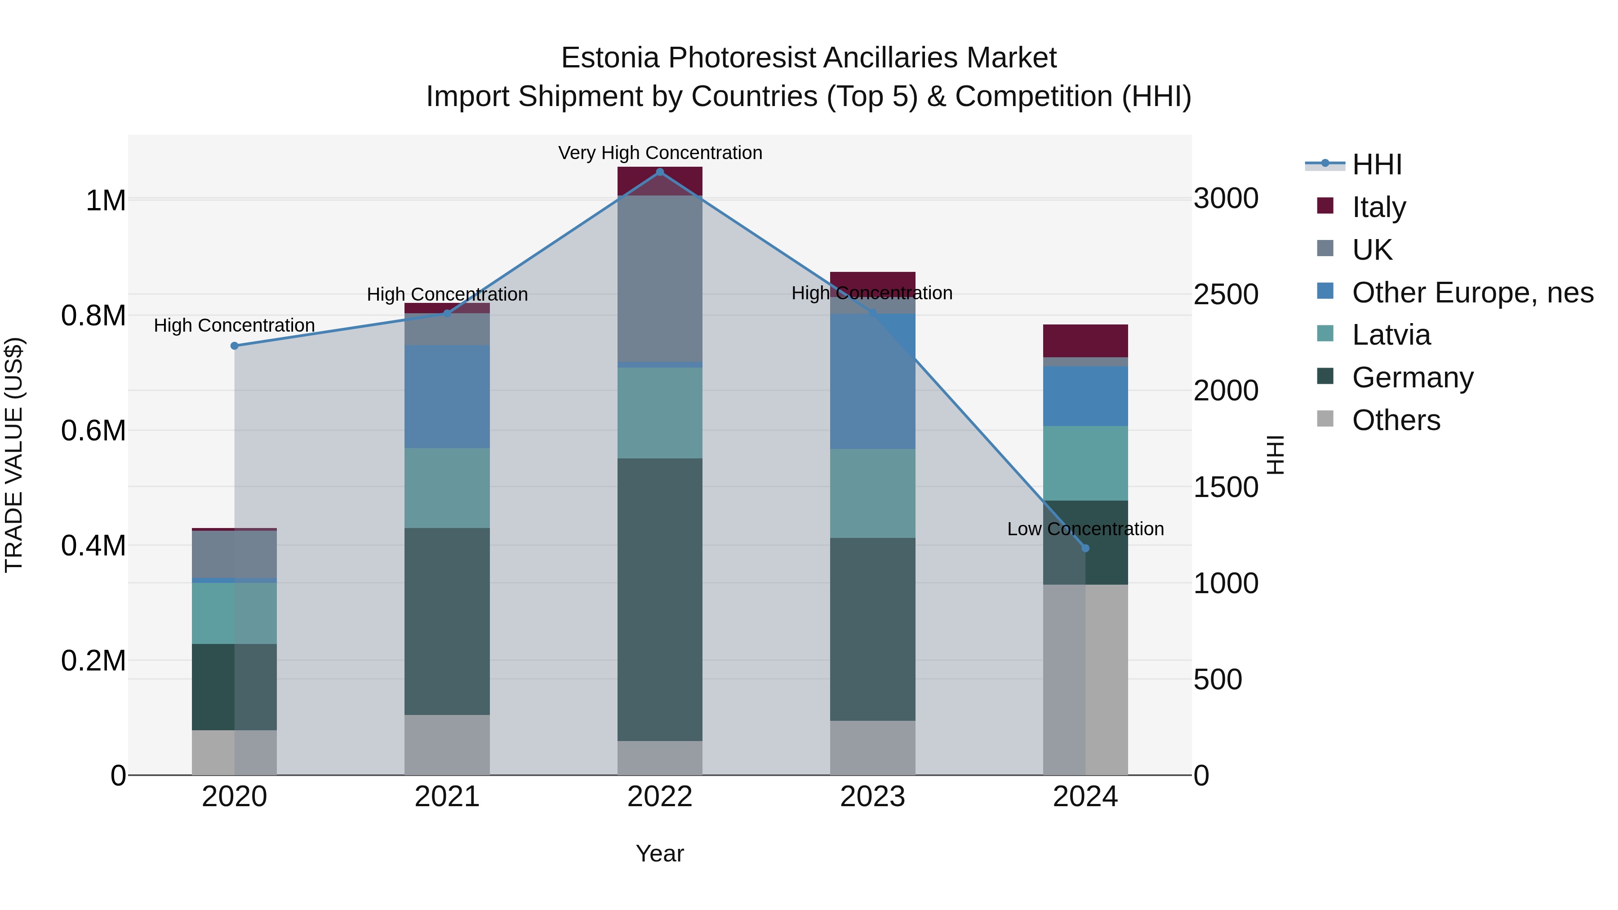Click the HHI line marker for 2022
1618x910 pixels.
pyautogui.click(x=659, y=172)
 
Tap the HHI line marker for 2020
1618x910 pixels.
pyautogui.click(x=234, y=346)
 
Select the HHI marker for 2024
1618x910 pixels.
pyautogui.click(x=1085, y=548)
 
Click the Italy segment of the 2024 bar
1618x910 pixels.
pyautogui.click(x=1085, y=341)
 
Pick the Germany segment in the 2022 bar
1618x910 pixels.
pyautogui.click(x=659, y=600)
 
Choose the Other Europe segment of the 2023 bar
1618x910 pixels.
pyautogui.click(x=872, y=381)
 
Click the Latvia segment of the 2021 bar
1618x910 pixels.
pyautogui.click(x=447, y=488)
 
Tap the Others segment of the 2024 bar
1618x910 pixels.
pyautogui.click(x=1085, y=679)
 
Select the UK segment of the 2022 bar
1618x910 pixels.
pyautogui.click(x=659, y=279)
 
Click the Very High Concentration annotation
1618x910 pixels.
pyautogui.click(x=659, y=153)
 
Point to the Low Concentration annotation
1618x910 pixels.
pyautogui.click(x=1085, y=529)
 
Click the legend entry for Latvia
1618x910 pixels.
pyautogui.click(x=1391, y=335)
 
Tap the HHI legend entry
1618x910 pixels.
pyautogui.click(x=1376, y=164)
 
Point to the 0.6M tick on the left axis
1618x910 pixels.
pyautogui.click(x=93, y=431)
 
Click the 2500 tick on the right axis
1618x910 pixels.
pyautogui.click(x=1226, y=294)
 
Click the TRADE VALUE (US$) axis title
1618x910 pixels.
pyautogui.click(x=14, y=455)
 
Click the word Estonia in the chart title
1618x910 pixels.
pyautogui.click(x=609, y=58)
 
